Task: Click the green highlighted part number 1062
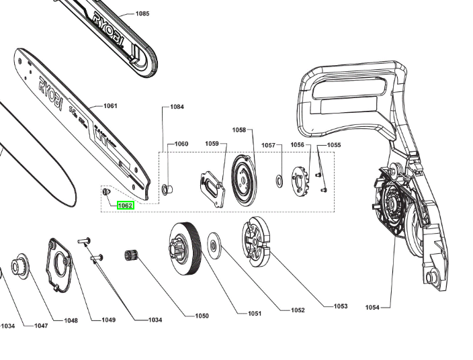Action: [x=126, y=206]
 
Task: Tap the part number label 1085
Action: [x=142, y=13]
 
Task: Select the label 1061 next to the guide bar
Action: [x=110, y=106]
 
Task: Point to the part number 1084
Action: [x=177, y=107]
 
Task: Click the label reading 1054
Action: [x=372, y=308]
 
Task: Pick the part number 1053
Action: [x=341, y=306]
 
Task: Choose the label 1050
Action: [x=201, y=316]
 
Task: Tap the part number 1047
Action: [x=41, y=325]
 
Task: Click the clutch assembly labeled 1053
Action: [x=256, y=240]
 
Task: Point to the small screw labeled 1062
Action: [x=105, y=192]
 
